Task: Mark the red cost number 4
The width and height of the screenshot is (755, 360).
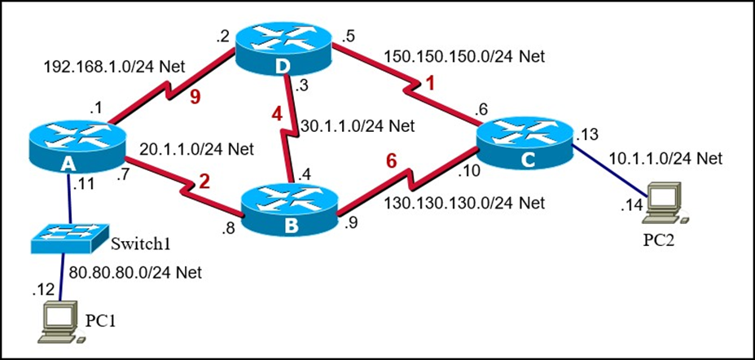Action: pos(278,115)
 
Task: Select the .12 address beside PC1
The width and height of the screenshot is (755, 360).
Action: pos(42,289)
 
